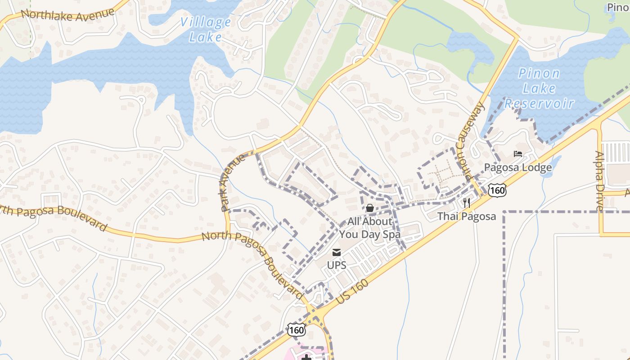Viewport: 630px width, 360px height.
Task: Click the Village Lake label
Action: click(206, 29)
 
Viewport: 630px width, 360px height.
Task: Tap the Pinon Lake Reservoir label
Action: click(539, 88)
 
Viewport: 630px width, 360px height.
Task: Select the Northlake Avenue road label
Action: click(67, 15)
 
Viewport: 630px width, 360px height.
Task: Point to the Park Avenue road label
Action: click(233, 183)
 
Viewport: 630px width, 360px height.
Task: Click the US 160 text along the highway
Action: click(352, 291)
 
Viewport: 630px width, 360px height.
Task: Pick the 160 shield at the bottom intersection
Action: click(297, 330)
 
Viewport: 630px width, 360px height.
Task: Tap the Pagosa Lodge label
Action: click(518, 168)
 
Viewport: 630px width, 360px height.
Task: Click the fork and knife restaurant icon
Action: click(467, 203)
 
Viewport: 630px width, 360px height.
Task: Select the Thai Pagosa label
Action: click(467, 216)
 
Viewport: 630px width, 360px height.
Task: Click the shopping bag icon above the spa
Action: click(369, 208)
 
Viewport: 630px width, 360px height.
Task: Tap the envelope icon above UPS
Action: click(337, 252)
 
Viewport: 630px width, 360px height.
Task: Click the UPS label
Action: click(337, 265)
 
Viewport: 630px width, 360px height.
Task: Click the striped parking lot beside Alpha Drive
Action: click(615, 152)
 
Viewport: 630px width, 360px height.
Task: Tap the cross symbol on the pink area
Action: click(307, 357)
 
